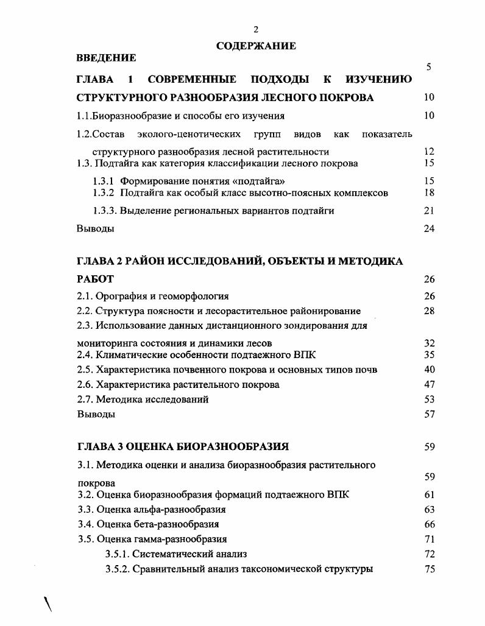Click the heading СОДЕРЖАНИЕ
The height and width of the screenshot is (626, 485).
pyautogui.click(x=256, y=46)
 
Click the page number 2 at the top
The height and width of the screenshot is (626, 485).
pyautogui.click(x=256, y=29)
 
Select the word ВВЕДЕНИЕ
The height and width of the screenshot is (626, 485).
pyautogui.click(x=106, y=58)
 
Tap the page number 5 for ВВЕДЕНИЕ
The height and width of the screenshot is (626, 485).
pyautogui.click(x=429, y=68)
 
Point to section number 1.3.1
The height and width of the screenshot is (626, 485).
pyautogui.click(x=104, y=181)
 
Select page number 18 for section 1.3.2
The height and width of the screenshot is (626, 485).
pyautogui.click(x=429, y=193)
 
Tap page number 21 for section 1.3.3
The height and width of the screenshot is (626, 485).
pyautogui.click(x=429, y=211)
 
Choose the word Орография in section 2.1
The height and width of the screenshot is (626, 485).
pyautogui.click(x=121, y=297)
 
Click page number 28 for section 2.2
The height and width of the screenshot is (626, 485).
pyautogui.click(x=429, y=311)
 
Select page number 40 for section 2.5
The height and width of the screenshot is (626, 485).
pyautogui.click(x=429, y=370)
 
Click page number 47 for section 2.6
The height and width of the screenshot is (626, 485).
pyautogui.click(x=429, y=385)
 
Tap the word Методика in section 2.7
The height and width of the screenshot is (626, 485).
pyautogui.click(x=116, y=399)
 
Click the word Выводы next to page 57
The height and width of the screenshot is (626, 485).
pyautogui.click(x=96, y=415)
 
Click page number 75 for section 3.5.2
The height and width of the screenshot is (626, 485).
pyautogui.click(x=429, y=569)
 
